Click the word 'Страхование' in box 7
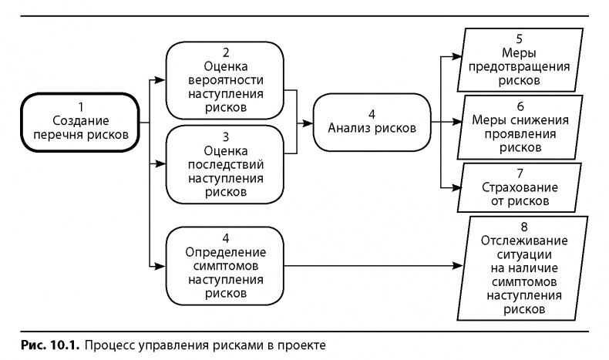coord(514,187)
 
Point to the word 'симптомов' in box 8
coord(515,281)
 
